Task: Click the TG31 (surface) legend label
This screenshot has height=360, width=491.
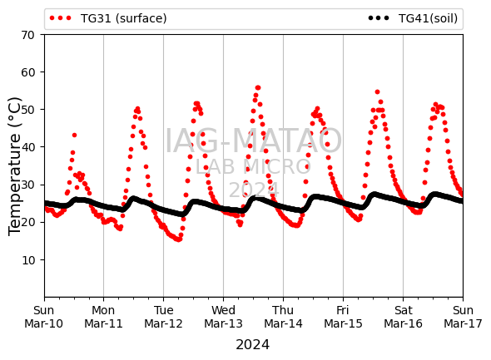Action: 124,18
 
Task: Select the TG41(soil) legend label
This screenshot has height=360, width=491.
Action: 428,18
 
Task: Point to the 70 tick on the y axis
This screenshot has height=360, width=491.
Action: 27,35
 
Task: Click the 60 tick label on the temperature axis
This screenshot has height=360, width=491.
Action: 27,72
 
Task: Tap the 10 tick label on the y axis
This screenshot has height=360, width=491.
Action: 27,260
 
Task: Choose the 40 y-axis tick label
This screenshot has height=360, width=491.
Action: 27,147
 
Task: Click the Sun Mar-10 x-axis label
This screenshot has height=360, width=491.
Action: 44,317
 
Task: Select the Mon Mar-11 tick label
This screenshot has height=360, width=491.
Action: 103,317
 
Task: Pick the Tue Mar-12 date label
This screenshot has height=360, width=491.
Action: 163,317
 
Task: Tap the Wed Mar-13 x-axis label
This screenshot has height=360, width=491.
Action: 223,317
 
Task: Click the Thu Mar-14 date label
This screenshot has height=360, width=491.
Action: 283,317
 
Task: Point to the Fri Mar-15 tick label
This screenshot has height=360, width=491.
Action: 343,317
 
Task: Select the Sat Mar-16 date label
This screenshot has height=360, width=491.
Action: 403,317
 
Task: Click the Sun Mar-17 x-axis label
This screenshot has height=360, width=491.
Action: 463,317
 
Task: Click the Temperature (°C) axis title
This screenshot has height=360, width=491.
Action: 14,166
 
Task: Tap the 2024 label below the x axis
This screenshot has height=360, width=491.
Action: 252,345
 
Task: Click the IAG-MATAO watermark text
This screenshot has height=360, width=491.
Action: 253,141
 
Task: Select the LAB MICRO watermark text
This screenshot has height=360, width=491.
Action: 253,167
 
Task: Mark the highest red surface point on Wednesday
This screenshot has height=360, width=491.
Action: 258,87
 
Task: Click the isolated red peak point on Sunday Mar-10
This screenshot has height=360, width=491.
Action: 74,136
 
